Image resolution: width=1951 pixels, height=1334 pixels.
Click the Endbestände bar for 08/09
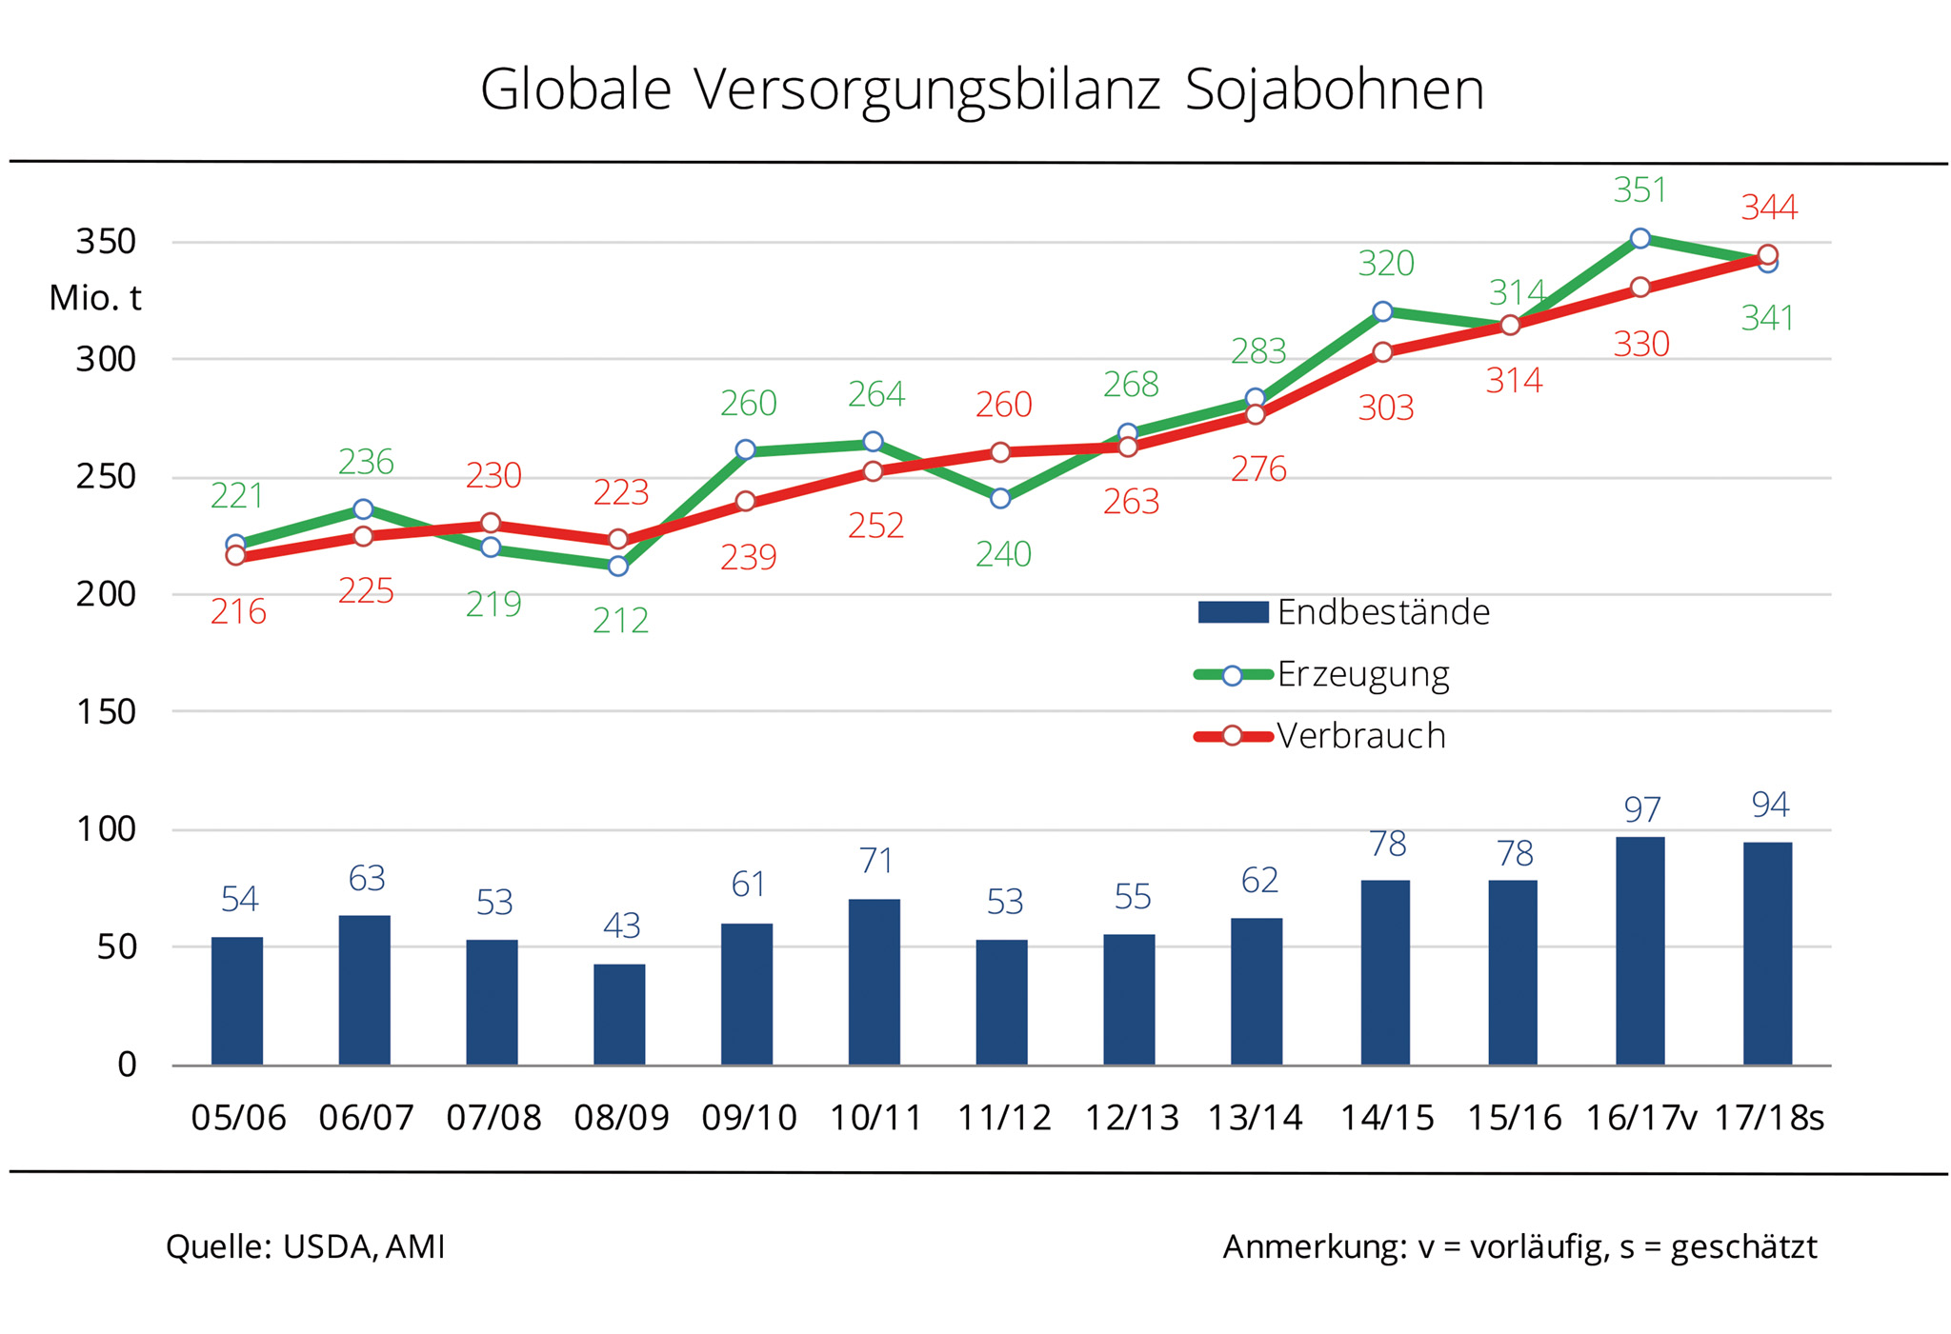pos(619,1014)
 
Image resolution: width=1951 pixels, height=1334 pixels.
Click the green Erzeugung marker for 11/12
pos(1000,498)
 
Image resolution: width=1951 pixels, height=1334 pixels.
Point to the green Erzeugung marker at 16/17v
pos(1639,238)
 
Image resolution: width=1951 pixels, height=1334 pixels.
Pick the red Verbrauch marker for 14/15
pos(1383,352)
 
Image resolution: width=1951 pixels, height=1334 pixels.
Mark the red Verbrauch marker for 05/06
pos(236,555)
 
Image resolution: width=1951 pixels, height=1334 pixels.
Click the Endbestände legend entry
pos(1343,612)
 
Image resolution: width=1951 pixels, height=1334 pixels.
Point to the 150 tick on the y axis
pos(106,711)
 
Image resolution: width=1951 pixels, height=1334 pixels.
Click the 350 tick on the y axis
pos(106,242)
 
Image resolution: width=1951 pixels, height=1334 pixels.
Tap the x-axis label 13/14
pos(1256,1117)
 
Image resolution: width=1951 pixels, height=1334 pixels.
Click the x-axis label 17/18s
pos(1769,1117)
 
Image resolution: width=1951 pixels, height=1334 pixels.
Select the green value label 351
pos(1639,190)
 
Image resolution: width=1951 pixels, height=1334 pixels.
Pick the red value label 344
pos(1769,208)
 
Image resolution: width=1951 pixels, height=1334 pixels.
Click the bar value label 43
pos(621,926)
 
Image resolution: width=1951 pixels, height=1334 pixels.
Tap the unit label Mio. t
pos(95,298)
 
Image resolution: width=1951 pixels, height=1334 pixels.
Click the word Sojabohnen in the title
pos(1334,90)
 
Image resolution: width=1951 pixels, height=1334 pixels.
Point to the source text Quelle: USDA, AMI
pos(305,1246)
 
